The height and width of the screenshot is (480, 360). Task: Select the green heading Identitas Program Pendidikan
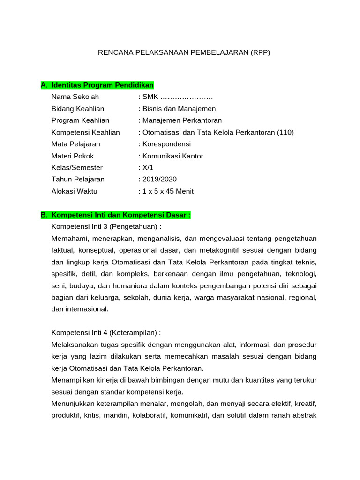[x=103, y=85]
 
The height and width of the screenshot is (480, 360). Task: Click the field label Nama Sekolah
[x=75, y=97]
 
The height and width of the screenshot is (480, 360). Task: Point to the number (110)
[x=285, y=132]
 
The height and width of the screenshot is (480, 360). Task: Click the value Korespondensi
[x=166, y=144]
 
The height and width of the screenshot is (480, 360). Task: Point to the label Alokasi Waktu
[x=75, y=191]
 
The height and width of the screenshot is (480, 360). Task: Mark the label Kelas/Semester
[x=77, y=168]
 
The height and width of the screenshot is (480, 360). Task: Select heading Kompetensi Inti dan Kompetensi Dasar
[x=121, y=215]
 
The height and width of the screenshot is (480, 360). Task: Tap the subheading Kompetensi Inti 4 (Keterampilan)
[x=106, y=333]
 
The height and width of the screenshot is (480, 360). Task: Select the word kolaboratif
[x=149, y=415]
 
